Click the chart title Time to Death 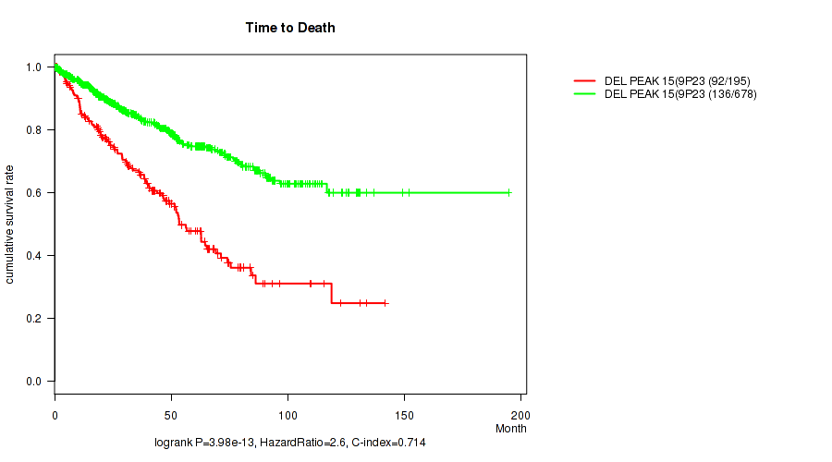click(x=290, y=28)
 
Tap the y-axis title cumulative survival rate click(x=10, y=225)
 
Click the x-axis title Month click(x=511, y=428)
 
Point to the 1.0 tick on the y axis click(x=34, y=67)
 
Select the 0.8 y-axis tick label click(x=34, y=130)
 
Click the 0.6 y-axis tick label click(x=34, y=193)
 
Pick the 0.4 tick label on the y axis click(x=34, y=256)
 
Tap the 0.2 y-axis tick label click(x=34, y=319)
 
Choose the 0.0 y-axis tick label click(x=34, y=382)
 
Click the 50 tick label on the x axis click(x=171, y=411)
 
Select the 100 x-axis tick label click(x=288, y=411)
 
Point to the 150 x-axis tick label click(x=404, y=411)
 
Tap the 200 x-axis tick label click(x=520, y=411)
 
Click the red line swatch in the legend click(x=584, y=81)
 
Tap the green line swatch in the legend click(x=584, y=93)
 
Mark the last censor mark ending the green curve click(x=508, y=192)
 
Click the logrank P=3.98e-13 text click(x=206, y=444)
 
